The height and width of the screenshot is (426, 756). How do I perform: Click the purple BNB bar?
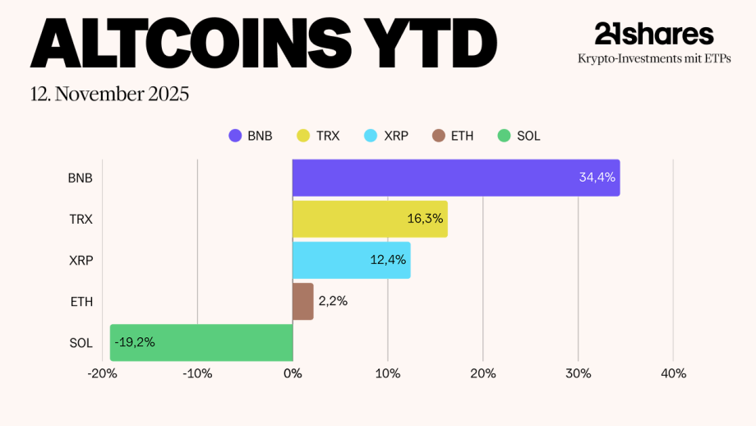point(456,178)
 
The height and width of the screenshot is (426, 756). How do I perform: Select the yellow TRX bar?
point(370,219)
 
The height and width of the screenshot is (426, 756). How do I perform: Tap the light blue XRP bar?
point(351,260)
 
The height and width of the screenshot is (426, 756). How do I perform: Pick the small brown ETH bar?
point(302,301)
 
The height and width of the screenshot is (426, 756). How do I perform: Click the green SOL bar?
point(201,342)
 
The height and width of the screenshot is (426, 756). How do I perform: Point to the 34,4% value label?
point(596,178)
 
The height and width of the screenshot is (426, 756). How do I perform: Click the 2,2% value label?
point(333,301)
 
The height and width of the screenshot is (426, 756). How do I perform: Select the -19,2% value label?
point(134,342)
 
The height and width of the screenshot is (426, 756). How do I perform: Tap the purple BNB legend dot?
point(235,136)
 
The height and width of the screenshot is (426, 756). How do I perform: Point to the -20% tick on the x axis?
point(103,373)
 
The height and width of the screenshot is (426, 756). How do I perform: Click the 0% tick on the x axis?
point(293,373)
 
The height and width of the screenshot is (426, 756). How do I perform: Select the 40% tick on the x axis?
point(673,373)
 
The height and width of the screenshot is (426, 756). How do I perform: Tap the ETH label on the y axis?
point(81,302)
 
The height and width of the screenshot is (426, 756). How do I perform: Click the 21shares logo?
point(654,34)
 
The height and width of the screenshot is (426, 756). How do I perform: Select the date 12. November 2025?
point(109,94)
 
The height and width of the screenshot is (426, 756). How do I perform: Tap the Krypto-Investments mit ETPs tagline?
point(654,58)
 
